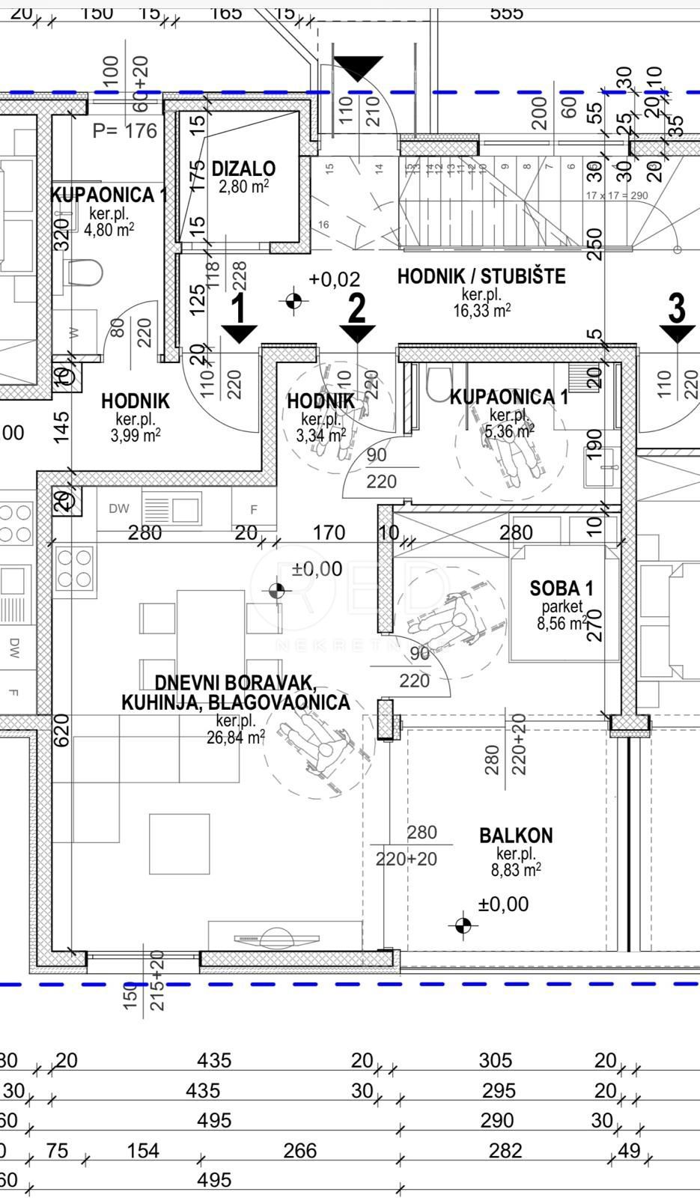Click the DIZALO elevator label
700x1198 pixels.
point(243,168)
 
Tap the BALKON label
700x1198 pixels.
point(516,835)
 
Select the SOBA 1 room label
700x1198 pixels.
point(561,589)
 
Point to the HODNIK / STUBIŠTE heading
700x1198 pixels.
point(481,276)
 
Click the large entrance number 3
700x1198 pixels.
point(676,307)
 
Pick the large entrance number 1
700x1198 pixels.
point(239,308)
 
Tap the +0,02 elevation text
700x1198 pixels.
point(334,279)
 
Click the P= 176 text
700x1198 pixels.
point(125,131)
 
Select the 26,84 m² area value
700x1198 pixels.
point(235,738)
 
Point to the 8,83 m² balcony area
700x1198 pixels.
point(516,870)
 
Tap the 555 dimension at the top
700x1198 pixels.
point(506,12)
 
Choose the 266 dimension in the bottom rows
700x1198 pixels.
point(299,1150)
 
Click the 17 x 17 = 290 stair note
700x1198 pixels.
point(617,195)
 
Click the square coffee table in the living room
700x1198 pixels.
point(179,844)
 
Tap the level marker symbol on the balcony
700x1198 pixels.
point(463,925)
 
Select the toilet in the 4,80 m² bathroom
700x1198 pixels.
point(85,273)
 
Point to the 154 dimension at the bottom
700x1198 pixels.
point(143,1150)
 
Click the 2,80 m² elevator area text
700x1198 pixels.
point(243,186)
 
